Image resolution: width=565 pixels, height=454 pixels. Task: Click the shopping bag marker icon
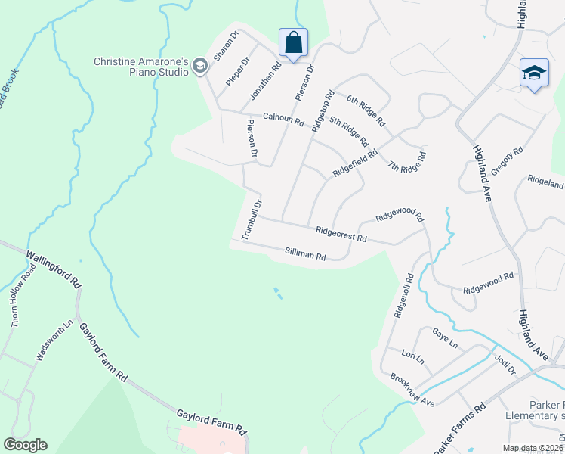tap(293, 42)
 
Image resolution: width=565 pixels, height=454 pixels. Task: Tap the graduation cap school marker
tap(534, 74)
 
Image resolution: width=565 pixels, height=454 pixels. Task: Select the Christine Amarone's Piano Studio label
tap(140, 67)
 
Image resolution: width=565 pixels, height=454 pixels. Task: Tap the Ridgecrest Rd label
tap(341, 233)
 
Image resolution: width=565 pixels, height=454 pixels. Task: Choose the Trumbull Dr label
tap(251, 219)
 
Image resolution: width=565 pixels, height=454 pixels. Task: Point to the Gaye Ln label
tap(445, 338)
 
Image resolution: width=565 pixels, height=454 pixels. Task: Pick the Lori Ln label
tap(413, 356)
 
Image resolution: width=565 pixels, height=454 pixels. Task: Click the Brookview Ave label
tap(412, 389)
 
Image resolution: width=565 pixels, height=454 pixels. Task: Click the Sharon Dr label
tap(225, 47)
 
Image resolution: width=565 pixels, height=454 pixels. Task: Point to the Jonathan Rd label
tap(265, 81)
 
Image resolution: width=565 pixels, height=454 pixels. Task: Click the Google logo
tap(25, 445)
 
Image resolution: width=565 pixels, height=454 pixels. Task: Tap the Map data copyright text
tap(533, 448)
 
